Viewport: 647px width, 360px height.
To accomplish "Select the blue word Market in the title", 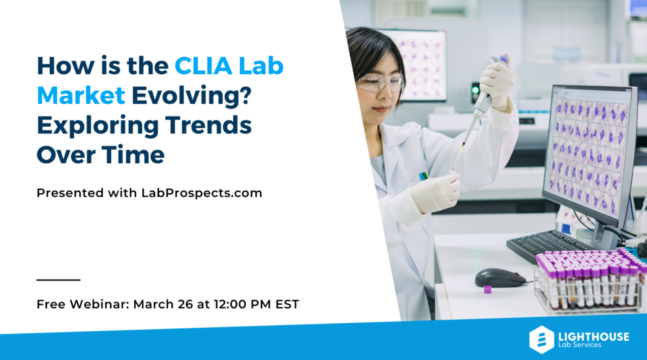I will point(81,96).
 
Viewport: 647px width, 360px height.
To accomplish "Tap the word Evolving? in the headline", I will point(191,96).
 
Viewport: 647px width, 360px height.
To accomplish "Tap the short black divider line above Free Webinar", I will point(58,279).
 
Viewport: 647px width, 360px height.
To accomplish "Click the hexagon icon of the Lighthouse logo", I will point(541,339).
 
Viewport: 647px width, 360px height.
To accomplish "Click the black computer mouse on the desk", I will point(500,277).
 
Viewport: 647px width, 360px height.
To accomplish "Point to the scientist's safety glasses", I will point(379,83).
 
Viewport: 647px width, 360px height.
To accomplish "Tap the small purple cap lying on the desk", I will point(487,290).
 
